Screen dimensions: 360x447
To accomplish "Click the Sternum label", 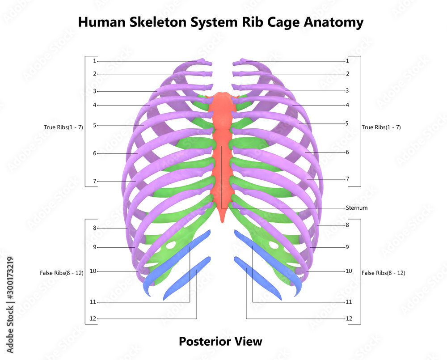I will point(357,208).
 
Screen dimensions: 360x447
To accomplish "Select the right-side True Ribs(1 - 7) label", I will point(381,127).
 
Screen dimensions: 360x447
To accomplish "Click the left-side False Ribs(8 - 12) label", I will point(62,273).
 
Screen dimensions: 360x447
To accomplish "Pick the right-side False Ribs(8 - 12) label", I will point(384,273).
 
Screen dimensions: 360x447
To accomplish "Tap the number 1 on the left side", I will point(94,61).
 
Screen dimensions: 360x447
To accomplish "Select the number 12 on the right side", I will point(349,319).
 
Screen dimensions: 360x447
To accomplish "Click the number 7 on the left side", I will point(94,182).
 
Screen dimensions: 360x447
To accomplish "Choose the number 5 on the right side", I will point(347,123).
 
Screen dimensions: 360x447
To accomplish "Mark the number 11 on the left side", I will point(93,302).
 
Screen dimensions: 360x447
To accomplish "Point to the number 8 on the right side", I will point(347,225).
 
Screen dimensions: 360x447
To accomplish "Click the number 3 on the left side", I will point(94,91).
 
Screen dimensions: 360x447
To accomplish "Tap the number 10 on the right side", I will point(349,271).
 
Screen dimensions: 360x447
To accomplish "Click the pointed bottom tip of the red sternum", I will point(222,220).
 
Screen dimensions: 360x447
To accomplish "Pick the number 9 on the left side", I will point(94,247).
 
